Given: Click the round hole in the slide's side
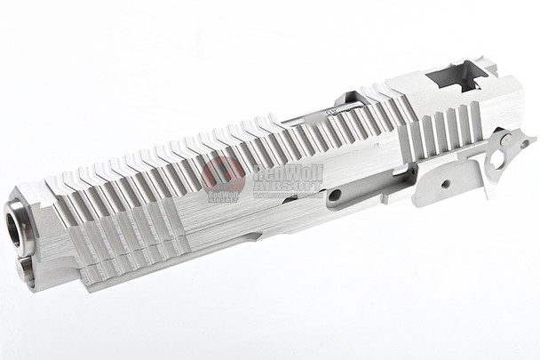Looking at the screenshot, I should [335, 195].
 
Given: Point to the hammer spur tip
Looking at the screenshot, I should [530, 141].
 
